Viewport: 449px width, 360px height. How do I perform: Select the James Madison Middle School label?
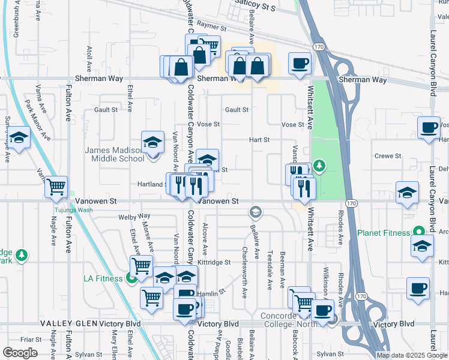point(114,154)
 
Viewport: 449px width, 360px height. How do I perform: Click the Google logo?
point(20,353)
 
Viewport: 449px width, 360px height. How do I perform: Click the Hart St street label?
point(259,139)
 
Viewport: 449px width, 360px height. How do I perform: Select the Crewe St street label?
point(387,156)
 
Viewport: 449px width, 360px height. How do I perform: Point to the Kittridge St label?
point(214,262)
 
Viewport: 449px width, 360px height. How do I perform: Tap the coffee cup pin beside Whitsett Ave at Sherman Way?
point(300,63)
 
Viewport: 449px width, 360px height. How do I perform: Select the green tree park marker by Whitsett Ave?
point(319,165)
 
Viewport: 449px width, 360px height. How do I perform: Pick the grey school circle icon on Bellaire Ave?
point(255,212)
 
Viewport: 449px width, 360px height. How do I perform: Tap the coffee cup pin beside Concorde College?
point(322,311)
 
